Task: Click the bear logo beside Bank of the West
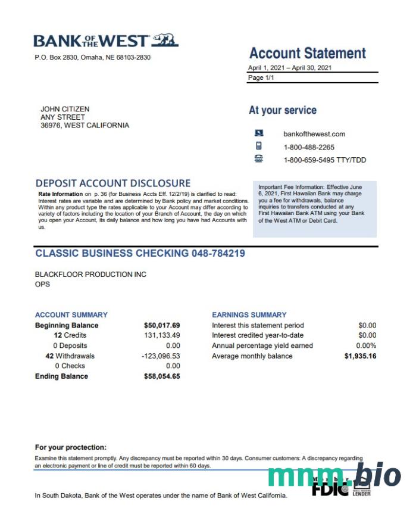[x=165, y=40]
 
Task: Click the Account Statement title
[x=307, y=53]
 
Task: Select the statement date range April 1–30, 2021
[x=290, y=68]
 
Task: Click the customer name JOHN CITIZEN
[x=65, y=109]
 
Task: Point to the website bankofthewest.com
[x=314, y=134]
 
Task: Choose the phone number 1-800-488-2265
[x=309, y=147]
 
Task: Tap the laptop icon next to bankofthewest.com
[x=259, y=133]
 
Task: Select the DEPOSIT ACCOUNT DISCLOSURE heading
[x=113, y=183]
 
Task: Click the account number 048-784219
[x=218, y=253]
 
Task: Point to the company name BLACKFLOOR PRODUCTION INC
[x=90, y=275]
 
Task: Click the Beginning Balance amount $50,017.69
[x=162, y=326]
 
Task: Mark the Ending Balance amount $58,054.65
[x=162, y=376]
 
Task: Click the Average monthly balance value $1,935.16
[x=360, y=356]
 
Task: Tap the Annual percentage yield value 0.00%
[x=366, y=346]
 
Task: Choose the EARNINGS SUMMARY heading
[x=249, y=315]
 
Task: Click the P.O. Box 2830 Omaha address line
[x=92, y=58]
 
